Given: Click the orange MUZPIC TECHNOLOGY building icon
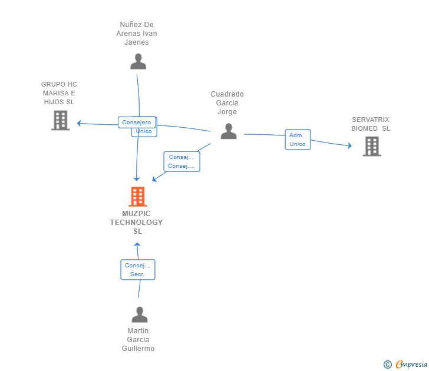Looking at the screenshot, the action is pos(138,197).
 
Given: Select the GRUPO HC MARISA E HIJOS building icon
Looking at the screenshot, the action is pos(61,120).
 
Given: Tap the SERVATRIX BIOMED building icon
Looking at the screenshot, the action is pos(372,147).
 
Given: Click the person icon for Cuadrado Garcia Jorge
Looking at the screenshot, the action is pos(229,131).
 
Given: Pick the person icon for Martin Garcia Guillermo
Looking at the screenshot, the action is pos(140,314).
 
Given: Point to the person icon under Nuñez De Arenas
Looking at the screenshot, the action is pos(138,61).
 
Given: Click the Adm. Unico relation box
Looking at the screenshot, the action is pos(298,140).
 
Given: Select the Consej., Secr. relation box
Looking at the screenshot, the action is pos(138,270).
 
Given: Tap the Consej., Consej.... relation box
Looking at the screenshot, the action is pos(181,161).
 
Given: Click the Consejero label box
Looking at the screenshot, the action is pos(137,122).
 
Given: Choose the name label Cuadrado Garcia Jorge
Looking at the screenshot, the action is pos(227,103).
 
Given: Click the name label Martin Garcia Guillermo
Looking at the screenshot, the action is pos(138,340).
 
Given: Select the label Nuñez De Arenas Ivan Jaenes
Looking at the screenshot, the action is pos(137,34).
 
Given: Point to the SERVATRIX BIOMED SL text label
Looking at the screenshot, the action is pos(371,124).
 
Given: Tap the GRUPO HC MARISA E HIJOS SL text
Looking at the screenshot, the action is pos(59,93).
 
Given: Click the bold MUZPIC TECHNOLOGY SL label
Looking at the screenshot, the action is pos(136,222).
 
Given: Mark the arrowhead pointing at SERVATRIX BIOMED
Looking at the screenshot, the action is pos(349,145).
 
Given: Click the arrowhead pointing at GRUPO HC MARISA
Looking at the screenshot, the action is pos(79,123).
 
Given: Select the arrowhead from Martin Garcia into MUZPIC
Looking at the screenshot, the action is pos(137,244).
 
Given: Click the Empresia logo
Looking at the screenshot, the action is pos(405,364).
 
